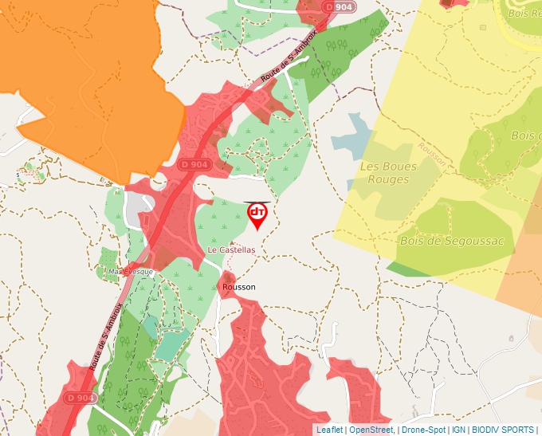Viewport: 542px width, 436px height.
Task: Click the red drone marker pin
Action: tap(257, 215)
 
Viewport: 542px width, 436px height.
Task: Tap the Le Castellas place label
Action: tap(231, 249)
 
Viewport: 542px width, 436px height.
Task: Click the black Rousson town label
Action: tap(239, 286)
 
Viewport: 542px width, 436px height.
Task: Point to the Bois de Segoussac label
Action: tap(452, 241)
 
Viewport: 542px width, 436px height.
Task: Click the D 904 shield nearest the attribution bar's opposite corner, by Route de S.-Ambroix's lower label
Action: tap(81, 397)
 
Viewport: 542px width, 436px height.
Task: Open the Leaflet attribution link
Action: tap(330, 430)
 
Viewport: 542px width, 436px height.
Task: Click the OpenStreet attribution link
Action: tap(371, 430)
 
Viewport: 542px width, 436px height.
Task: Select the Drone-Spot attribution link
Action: tap(423, 430)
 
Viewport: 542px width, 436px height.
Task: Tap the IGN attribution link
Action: tap(458, 430)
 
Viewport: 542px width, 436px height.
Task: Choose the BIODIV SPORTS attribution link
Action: tap(502, 430)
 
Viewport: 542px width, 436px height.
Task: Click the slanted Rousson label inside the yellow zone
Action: tap(432, 155)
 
